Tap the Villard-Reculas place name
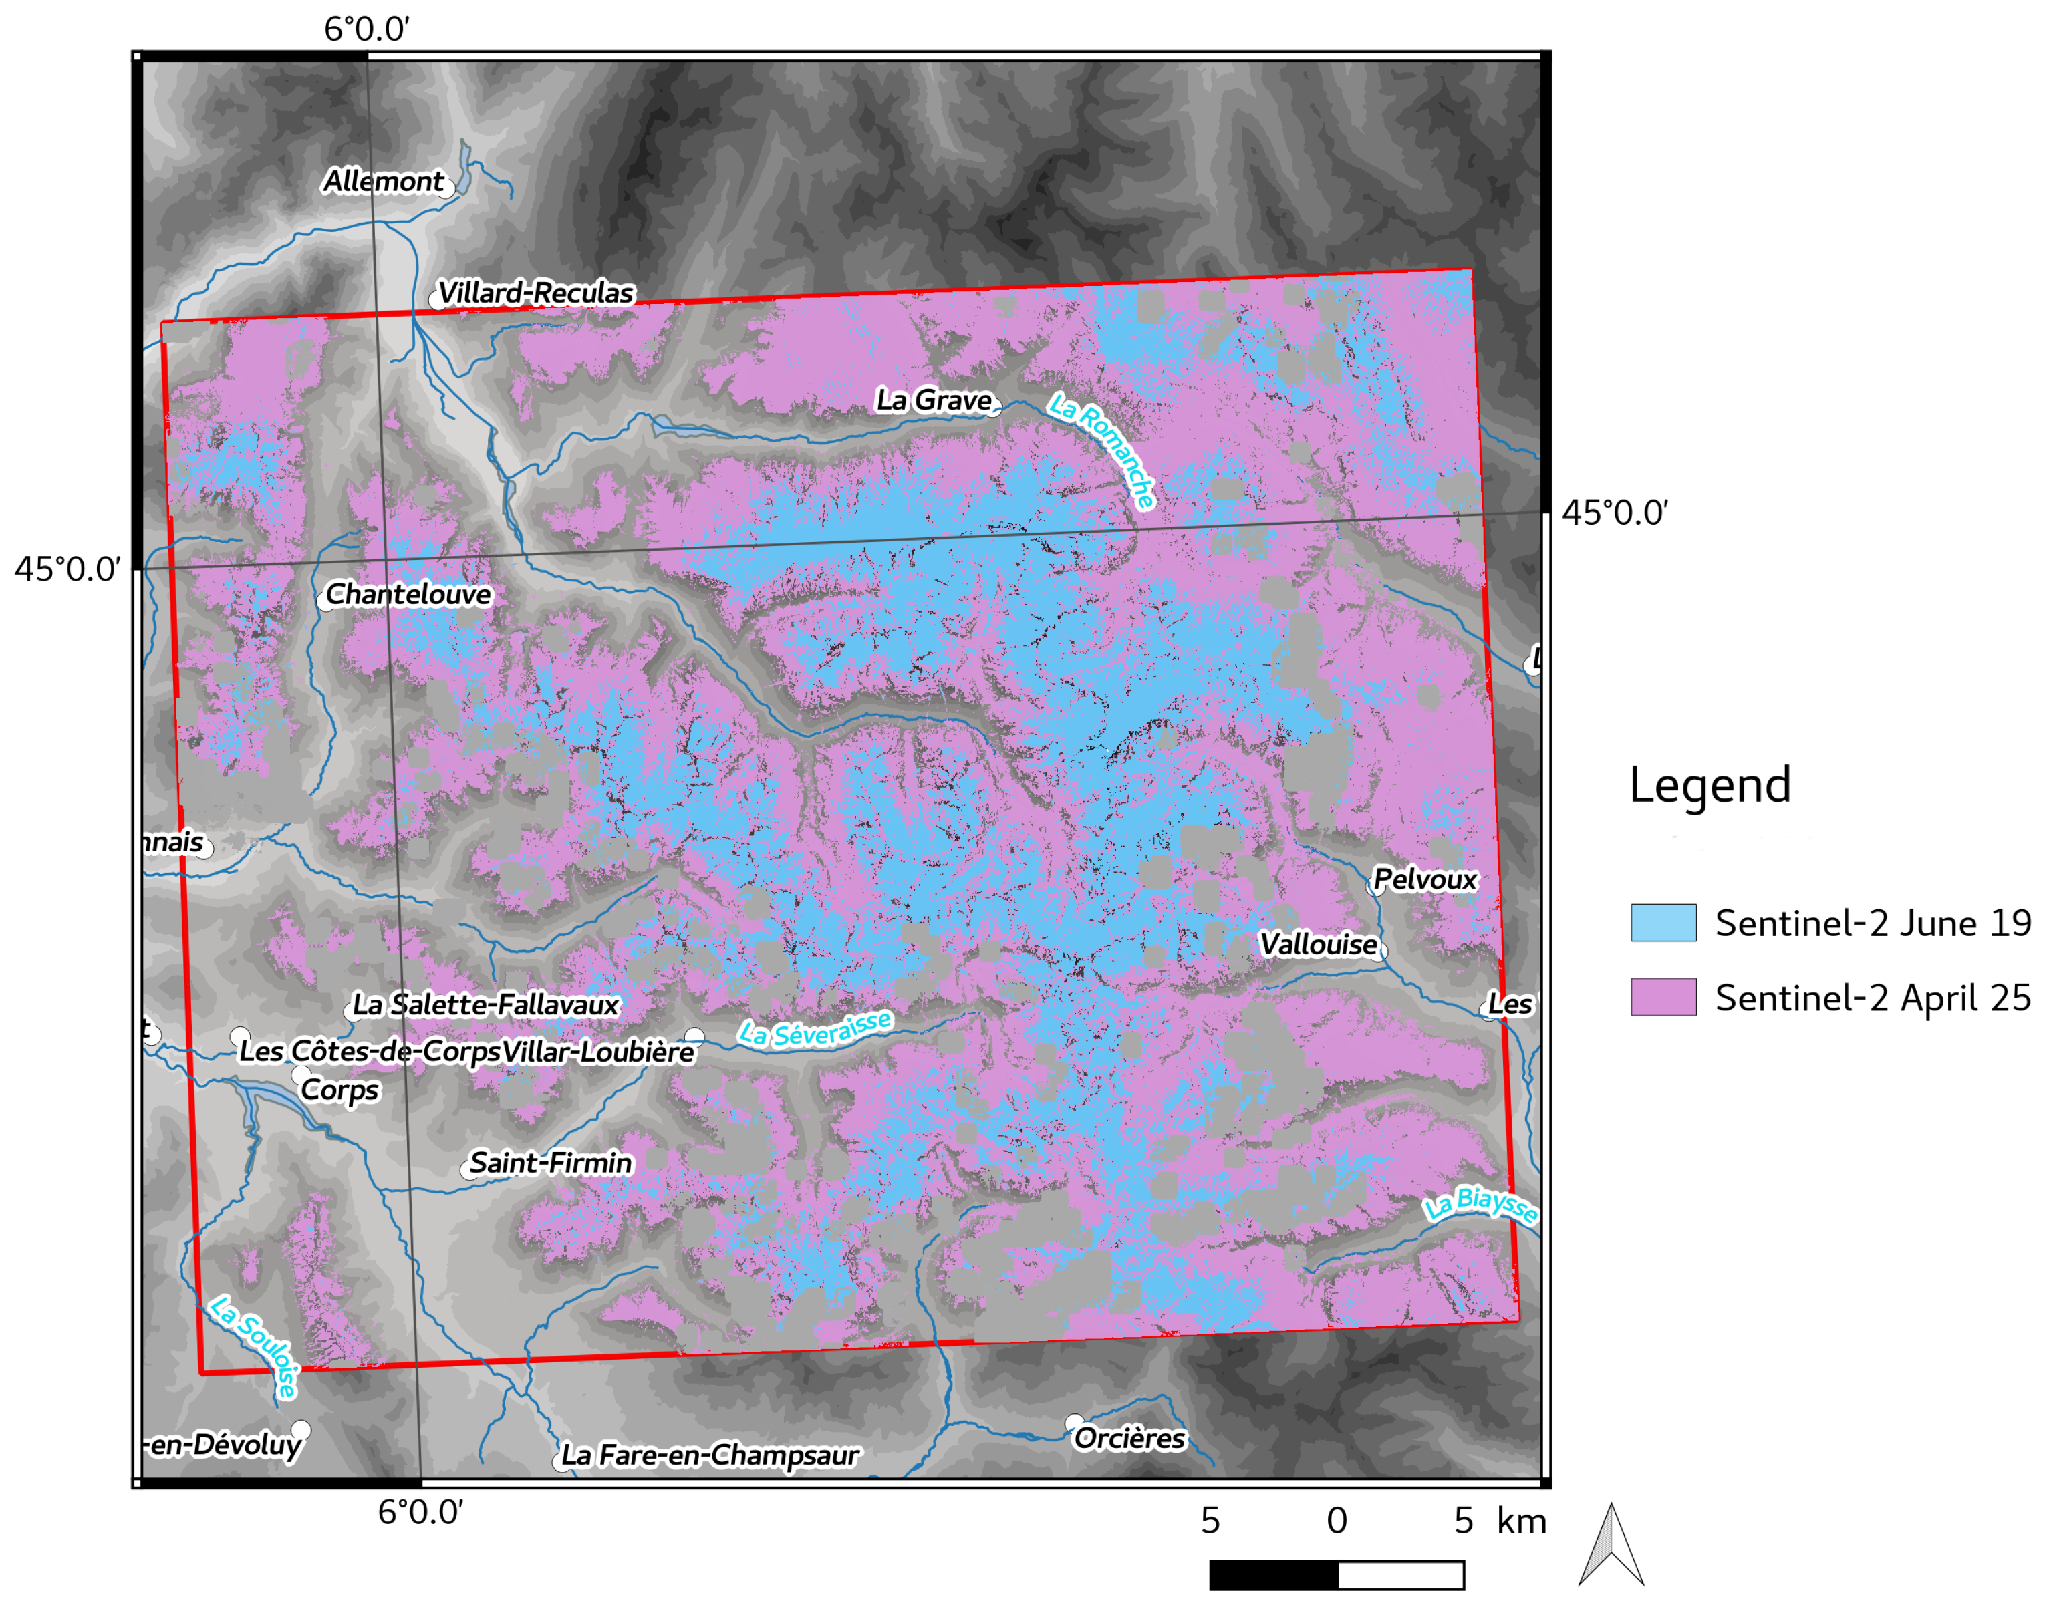535,293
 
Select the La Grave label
934,400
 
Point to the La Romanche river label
1101,450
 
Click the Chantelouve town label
408,595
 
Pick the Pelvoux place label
1424,879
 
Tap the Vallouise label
1318,944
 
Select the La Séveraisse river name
814,1030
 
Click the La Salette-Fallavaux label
485,1005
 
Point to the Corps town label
339,1090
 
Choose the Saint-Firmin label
550,1163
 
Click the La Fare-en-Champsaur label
709,1455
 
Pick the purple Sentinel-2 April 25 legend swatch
1663,997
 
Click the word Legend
1709,784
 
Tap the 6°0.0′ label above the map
366,30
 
